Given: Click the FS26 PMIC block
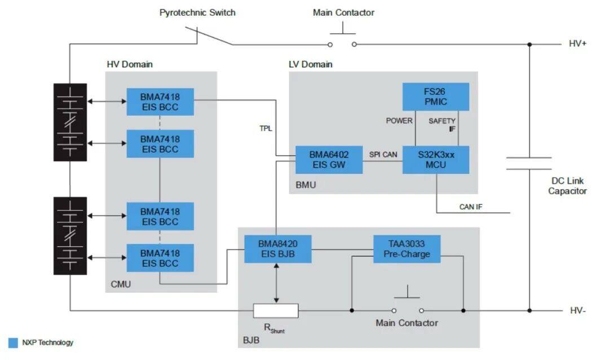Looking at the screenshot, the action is pos(435,97).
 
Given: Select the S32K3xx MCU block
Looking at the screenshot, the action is pos(435,160).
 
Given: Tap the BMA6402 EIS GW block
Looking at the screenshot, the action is pos(329,160).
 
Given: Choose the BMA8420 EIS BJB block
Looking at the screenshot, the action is pos(277,249).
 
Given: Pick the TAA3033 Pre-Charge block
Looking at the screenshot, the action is pos(407,249).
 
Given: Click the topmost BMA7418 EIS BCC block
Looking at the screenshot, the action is pos(160,102).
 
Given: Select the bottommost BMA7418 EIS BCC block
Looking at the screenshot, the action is pos(160,258).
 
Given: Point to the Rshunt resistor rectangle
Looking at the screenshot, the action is pos(276,310).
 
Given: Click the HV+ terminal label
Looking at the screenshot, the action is pos(577,43).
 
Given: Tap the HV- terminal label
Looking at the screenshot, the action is pos(577,310).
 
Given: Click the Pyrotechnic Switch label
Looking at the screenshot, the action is pos(197,13).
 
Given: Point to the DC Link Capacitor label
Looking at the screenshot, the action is pos(567,186).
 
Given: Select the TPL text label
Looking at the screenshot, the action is pos(266,128).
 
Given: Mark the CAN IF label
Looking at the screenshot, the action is pos(471,207).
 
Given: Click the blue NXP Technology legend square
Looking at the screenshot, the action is pos(13,343).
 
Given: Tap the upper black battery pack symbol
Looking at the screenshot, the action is pos(70,122).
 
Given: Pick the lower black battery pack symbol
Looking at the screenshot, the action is pos(70,236).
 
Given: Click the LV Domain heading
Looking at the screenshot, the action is pos(310,64).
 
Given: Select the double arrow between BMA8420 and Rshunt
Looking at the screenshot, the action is pos(276,283).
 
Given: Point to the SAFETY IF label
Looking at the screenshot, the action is pos(442,125).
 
